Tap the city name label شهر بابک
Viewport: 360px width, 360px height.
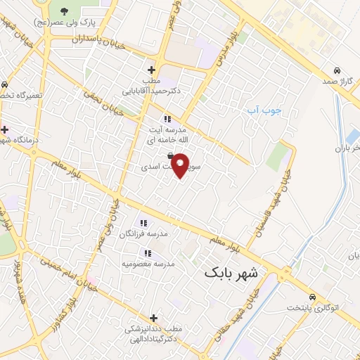click(231, 271)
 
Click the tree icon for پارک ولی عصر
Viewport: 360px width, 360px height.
click(64, 11)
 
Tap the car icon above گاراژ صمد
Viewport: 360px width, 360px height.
click(338, 71)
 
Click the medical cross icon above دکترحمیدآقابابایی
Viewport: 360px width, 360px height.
click(151, 70)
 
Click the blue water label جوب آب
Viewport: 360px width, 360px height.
click(267, 111)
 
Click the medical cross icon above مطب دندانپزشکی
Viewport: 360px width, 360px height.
click(153, 318)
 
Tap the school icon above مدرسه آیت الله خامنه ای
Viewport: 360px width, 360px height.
click(167, 118)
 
